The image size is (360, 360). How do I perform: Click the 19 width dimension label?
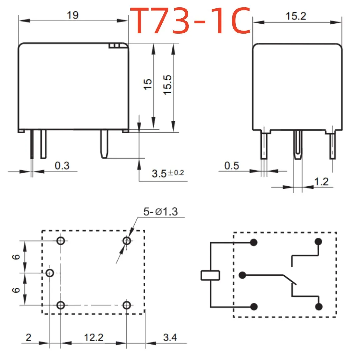73,15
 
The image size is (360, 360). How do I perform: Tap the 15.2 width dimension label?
296,16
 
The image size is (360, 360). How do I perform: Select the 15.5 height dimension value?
167,84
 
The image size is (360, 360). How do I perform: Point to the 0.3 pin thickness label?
62,166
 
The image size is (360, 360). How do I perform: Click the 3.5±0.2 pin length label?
168,173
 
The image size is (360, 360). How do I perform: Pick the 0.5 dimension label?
231,166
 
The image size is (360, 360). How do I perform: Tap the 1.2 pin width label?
321,182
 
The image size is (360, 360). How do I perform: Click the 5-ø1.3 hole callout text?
160,211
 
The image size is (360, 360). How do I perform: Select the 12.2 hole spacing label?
94,337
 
